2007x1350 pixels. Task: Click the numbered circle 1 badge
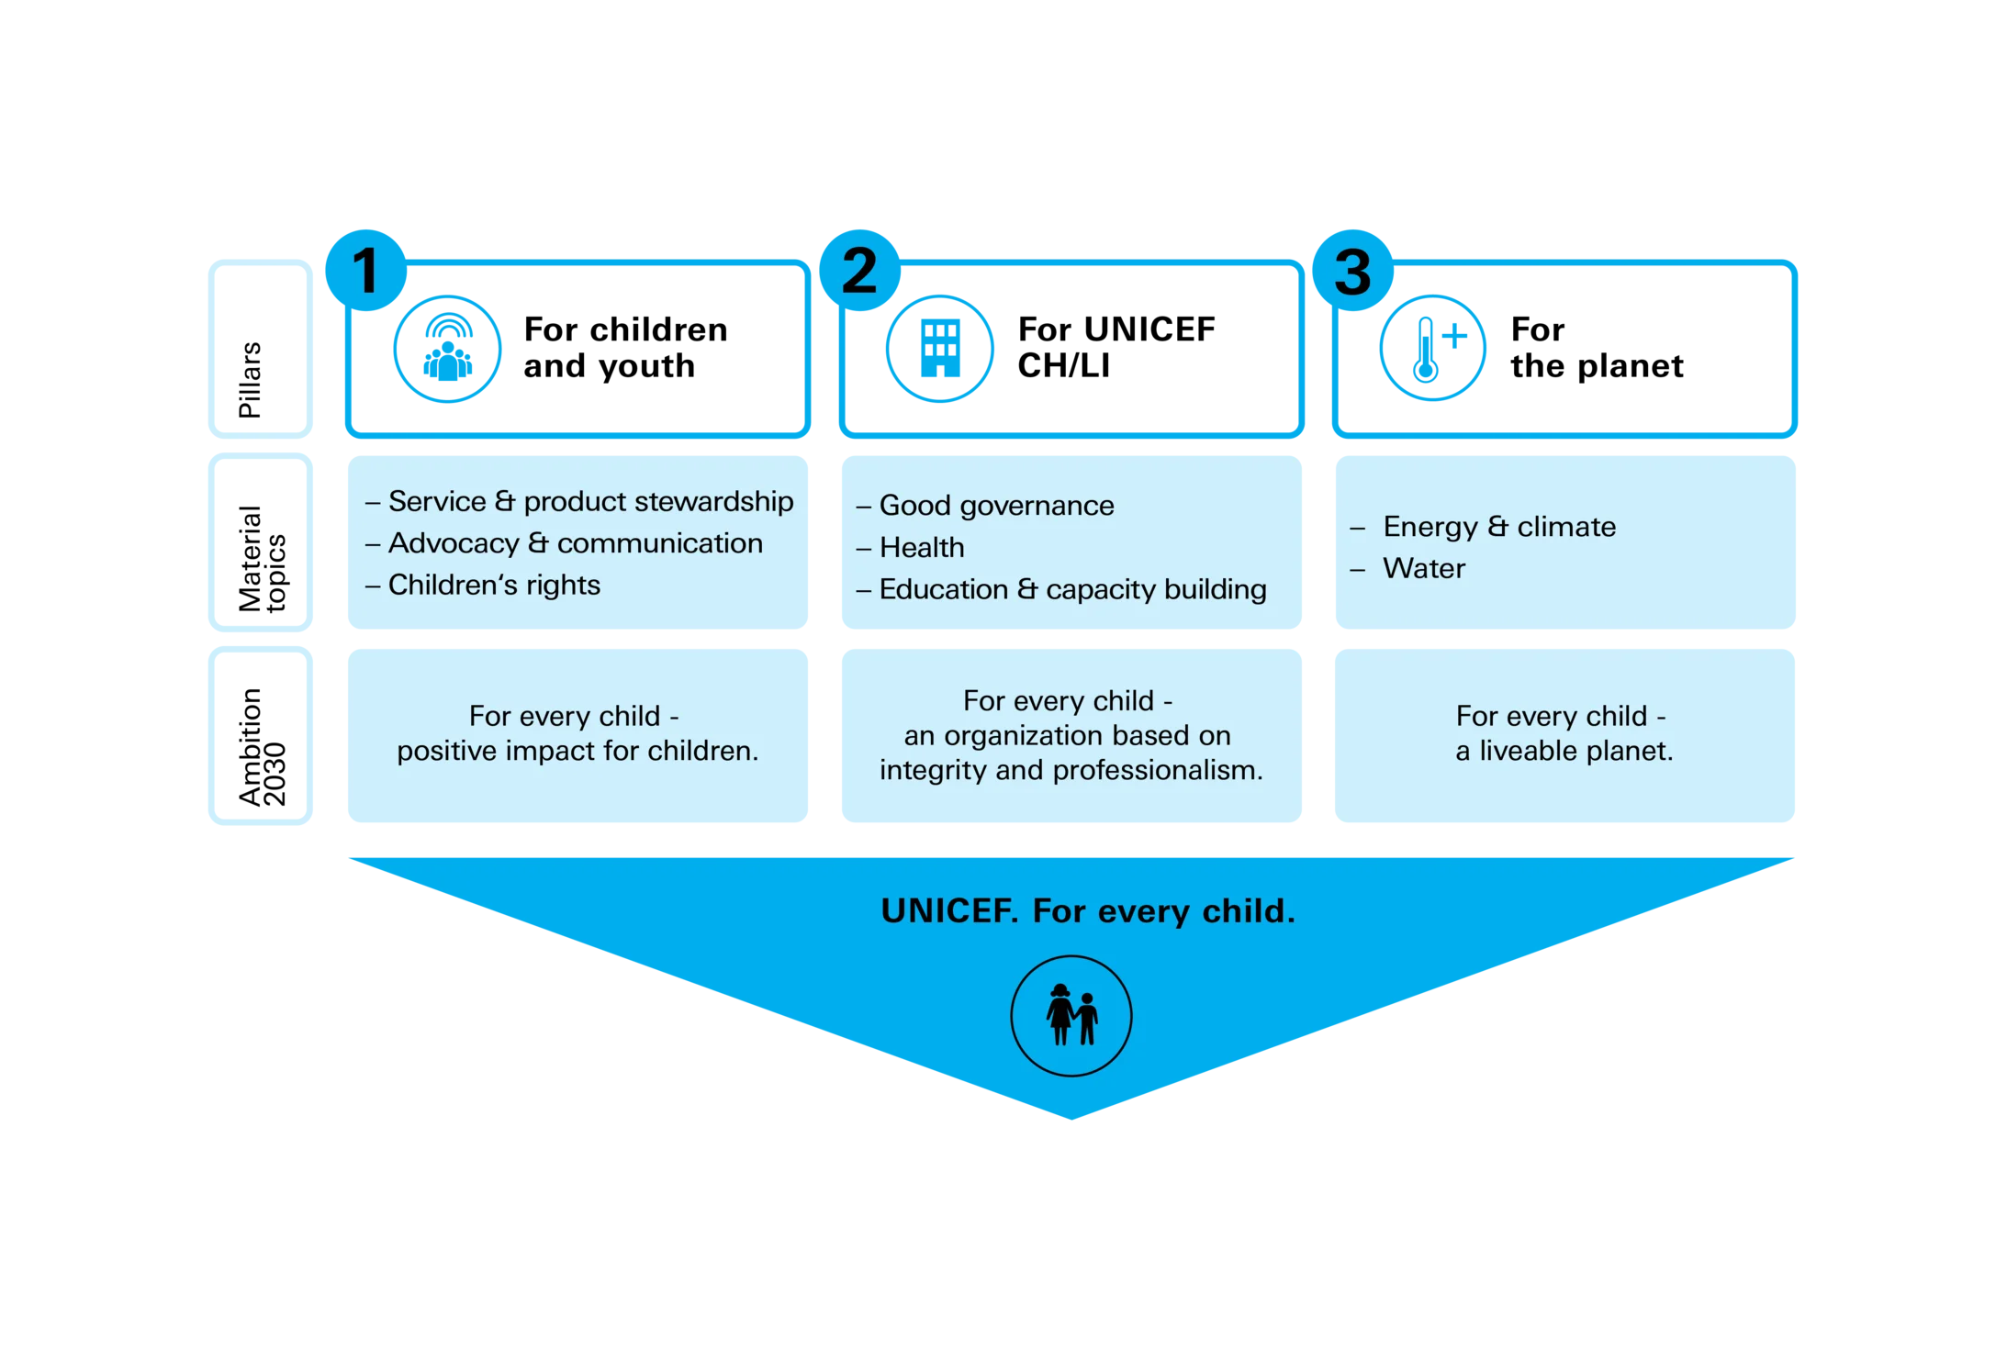[365, 270]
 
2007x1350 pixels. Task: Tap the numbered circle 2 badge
[859, 270]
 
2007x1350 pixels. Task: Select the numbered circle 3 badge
[1352, 270]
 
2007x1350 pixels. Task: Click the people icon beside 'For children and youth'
[447, 349]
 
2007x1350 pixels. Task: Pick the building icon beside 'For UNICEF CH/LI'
[940, 349]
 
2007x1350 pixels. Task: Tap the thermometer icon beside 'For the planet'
[1433, 349]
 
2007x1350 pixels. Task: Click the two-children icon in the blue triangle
[1071, 1016]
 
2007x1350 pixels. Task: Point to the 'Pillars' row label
[250, 380]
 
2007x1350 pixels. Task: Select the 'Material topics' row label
[263, 558]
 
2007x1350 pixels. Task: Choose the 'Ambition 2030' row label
[263, 747]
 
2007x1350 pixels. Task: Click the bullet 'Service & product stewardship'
[579, 501]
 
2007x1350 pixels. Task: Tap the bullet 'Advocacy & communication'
[564, 543]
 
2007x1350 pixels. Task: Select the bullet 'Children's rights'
[483, 585]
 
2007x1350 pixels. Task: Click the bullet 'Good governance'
[985, 506]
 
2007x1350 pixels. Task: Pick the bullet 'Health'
[911, 548]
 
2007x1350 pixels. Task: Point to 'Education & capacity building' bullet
[1061, 589]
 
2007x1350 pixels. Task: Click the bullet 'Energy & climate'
[1483, 527]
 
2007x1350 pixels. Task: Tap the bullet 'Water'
[1407, 569]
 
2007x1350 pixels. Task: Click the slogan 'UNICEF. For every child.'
[1088, 911]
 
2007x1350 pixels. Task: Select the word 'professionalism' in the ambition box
[1158, 770]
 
